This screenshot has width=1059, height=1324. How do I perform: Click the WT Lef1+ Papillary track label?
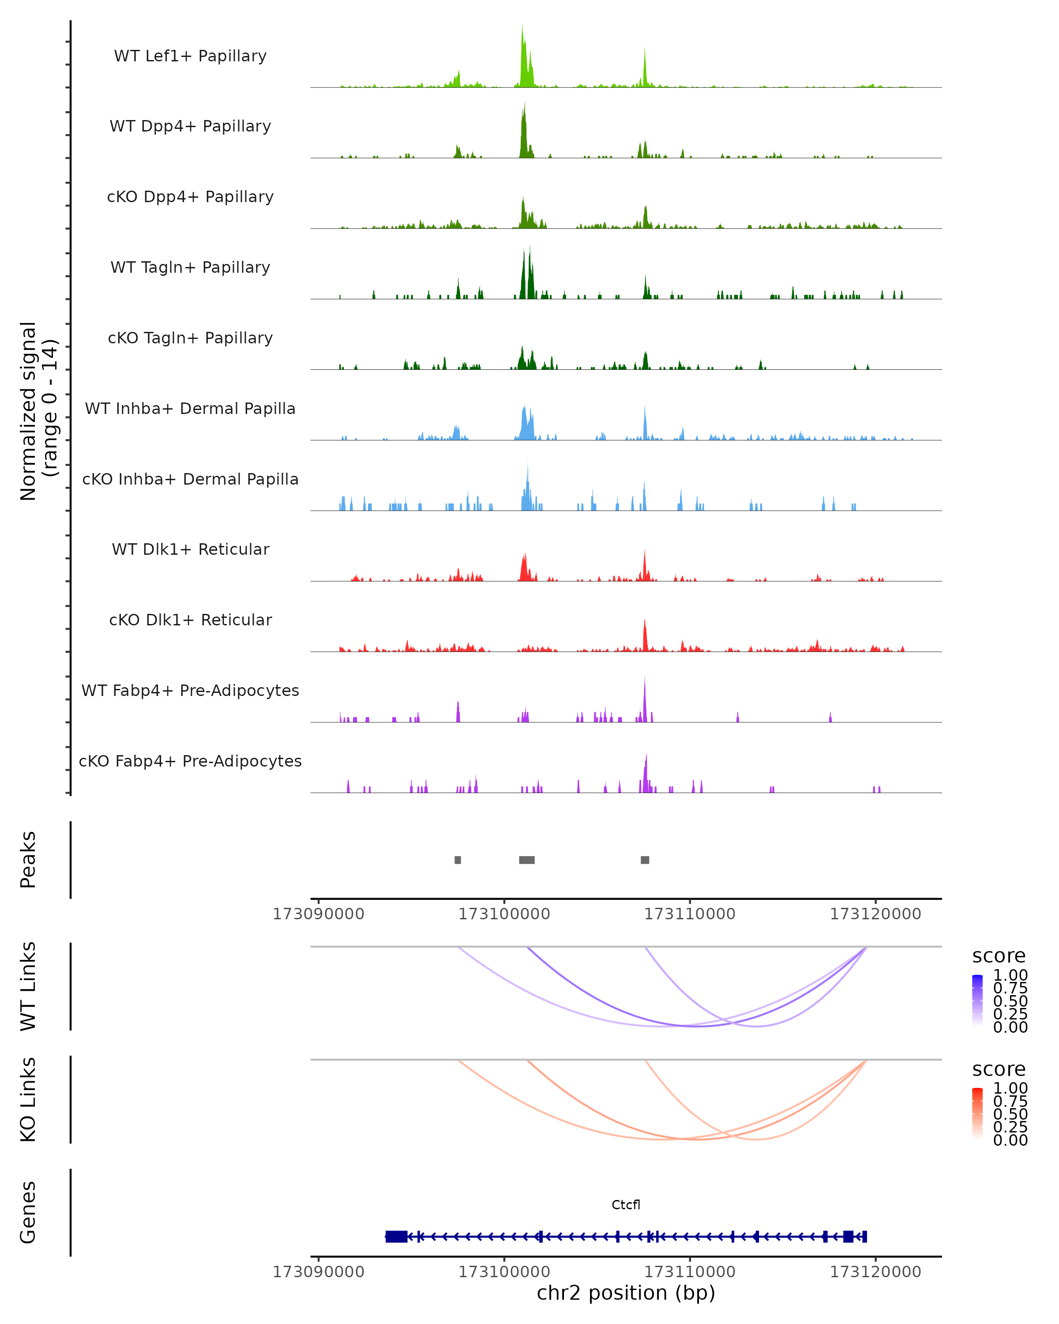(x=190, y=56)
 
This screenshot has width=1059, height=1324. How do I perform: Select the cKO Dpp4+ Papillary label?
(x=190, y=197)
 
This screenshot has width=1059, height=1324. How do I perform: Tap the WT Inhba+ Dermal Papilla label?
(x=190, y=409)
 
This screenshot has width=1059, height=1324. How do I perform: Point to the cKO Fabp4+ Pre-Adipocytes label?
(x=190, y=761)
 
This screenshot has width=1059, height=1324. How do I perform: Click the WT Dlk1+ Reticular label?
(x=190, y=549)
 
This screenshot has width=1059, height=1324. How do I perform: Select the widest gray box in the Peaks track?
(x=527, y=860)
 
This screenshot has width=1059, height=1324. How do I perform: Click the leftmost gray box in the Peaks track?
(x=458, y=860)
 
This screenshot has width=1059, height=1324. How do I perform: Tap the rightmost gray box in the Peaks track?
(x=645, y=860)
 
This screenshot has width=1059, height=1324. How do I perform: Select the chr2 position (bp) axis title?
(x=626, y=1293)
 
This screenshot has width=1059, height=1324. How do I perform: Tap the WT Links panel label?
(x=28, y=986)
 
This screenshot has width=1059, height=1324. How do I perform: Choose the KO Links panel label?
(x=28, y=1099)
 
